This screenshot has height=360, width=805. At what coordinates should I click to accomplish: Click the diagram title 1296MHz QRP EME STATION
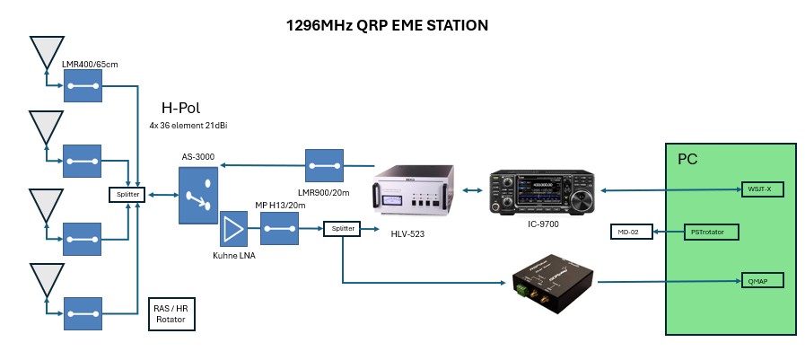(x=387, y=25)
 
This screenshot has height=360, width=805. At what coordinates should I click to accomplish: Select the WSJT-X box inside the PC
(x=760, y=189)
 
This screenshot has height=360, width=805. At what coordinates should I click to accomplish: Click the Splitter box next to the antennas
(x=127, y=194)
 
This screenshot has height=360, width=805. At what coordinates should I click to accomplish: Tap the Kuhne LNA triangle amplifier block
(x=233, y=229)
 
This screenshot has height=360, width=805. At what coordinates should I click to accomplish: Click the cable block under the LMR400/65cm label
(x=83, y=87)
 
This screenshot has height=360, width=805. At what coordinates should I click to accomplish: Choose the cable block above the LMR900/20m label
(x=325, y=165)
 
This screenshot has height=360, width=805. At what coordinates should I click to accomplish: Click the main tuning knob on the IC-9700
(x=582, y=195)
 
